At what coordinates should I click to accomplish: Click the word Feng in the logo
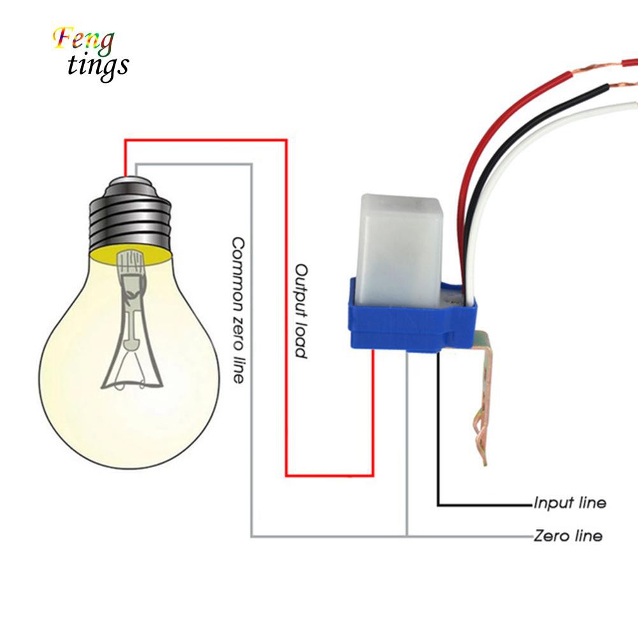pyautogui.click(x=83, y=41)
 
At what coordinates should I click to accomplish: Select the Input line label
pyautogui.click(x=570, y=503)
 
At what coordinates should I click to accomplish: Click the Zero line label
pyautogui.click(x=568, y=535)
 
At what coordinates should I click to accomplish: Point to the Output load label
pyautogui.click(x=301, y=311)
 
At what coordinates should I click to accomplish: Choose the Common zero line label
pyautogui.click(x=238, y=310)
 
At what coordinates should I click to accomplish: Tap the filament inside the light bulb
pyautogui.click(x=132, y=320)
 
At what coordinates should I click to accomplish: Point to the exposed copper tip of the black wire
pyautogui.click(x=623, y=85)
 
